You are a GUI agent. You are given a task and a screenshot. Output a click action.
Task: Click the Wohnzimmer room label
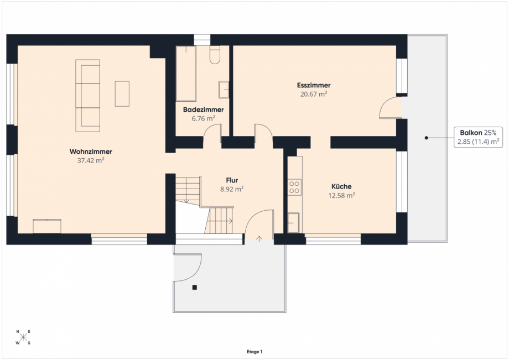(91, 152)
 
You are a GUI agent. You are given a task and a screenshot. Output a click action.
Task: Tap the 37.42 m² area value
(91, 160)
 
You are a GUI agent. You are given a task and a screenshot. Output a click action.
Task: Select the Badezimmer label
(203, 109)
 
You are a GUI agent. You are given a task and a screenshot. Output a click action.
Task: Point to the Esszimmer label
(314, 85)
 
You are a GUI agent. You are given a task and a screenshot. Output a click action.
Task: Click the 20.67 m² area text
(314, 94)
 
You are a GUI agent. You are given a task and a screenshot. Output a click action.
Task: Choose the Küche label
(341, 186)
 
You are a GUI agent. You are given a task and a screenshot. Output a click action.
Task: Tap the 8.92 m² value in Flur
(232, 189)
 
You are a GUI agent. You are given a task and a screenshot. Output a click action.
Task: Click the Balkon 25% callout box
(478, 137)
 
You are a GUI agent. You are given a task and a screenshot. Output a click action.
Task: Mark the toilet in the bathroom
(215, 55)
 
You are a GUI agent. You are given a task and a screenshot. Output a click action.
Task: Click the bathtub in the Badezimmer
(186, 74)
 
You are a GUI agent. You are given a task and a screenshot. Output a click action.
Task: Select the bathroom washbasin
(224, 89)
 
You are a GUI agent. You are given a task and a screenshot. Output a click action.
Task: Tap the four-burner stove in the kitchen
(294, 187)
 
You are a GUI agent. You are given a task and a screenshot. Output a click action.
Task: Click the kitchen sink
(293, 222)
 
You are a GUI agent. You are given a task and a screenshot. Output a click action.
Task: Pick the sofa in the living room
(87, 96)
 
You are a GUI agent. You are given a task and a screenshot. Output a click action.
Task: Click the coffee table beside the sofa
(122, 93)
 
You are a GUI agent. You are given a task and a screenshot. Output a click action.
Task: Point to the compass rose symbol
(23, 337)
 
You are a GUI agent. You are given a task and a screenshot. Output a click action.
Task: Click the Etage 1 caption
(254, 352)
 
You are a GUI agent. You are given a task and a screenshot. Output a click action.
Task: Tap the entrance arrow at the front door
(259, 239)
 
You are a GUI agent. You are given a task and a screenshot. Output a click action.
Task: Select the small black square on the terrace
(194, 288)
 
